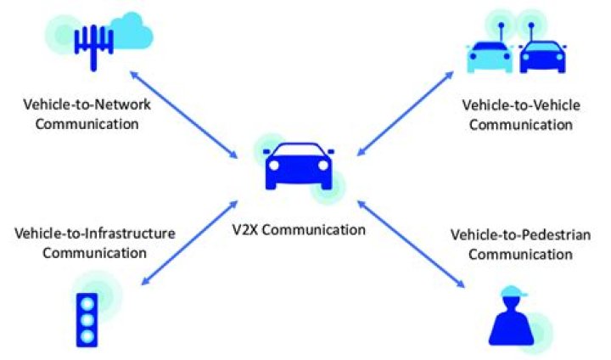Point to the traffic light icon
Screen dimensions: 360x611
87,318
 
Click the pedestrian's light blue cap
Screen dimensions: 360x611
514,293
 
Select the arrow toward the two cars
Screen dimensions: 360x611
407,113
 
